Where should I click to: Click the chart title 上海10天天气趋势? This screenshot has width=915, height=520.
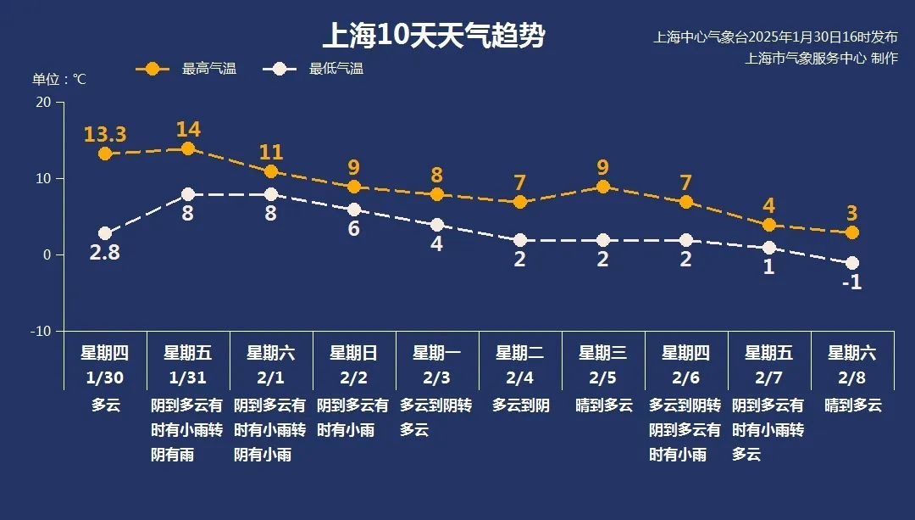click(433, 36)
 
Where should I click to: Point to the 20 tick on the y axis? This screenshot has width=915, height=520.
click(42, 102)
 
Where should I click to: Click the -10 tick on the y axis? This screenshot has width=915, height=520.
click(41, 331)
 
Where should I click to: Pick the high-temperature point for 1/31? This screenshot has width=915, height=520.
click(188, 148)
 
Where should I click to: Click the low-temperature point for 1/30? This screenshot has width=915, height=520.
click(105, 233)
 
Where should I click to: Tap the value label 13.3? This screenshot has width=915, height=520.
click(105, 134)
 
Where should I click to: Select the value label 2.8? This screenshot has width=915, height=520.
click(105, 252)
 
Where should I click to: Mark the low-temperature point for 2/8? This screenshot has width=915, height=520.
click(852, 263)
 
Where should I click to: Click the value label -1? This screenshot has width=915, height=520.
click(852, 282)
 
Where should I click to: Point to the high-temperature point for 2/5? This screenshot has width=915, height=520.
click(603, 187)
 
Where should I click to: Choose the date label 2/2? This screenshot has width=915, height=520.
click(354, 377)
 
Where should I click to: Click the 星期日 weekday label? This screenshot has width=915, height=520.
click(354, 352)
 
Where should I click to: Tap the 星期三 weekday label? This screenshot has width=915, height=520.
click(603, 352)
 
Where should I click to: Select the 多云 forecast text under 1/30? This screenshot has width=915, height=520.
click(106, 405)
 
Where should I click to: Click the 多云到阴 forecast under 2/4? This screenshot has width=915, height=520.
click(520, 405)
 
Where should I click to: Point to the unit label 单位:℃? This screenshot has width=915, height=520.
click(59, 79)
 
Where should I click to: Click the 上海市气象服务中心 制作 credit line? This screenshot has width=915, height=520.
click(821, 59)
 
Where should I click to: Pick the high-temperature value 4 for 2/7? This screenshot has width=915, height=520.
click(769, 206)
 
